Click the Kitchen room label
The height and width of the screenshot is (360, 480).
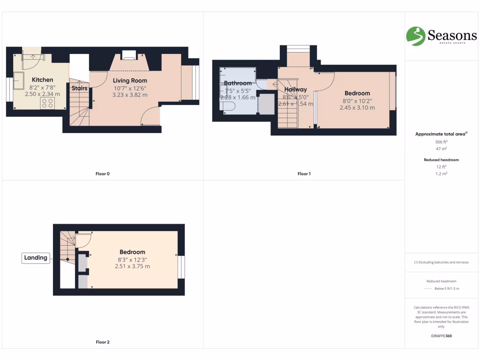42,80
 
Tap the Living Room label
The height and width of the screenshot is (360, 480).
130,81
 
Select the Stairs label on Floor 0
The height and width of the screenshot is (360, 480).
79,88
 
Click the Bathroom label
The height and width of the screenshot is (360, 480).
238,83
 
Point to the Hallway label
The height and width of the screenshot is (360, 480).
295,90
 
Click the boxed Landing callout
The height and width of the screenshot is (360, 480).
36,257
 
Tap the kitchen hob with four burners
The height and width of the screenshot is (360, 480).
48,103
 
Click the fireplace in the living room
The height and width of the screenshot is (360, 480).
128,55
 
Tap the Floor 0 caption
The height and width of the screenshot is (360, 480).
102,174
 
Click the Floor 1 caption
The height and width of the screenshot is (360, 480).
304,174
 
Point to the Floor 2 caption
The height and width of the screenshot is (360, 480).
102,342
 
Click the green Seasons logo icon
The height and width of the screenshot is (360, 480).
415,36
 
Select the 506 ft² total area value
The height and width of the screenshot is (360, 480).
442,142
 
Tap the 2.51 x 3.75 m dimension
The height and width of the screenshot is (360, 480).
132,266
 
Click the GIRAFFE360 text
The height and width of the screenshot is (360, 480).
441,336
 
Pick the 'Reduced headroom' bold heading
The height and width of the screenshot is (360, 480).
441,160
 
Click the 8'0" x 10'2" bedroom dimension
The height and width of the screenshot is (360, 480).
357,100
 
